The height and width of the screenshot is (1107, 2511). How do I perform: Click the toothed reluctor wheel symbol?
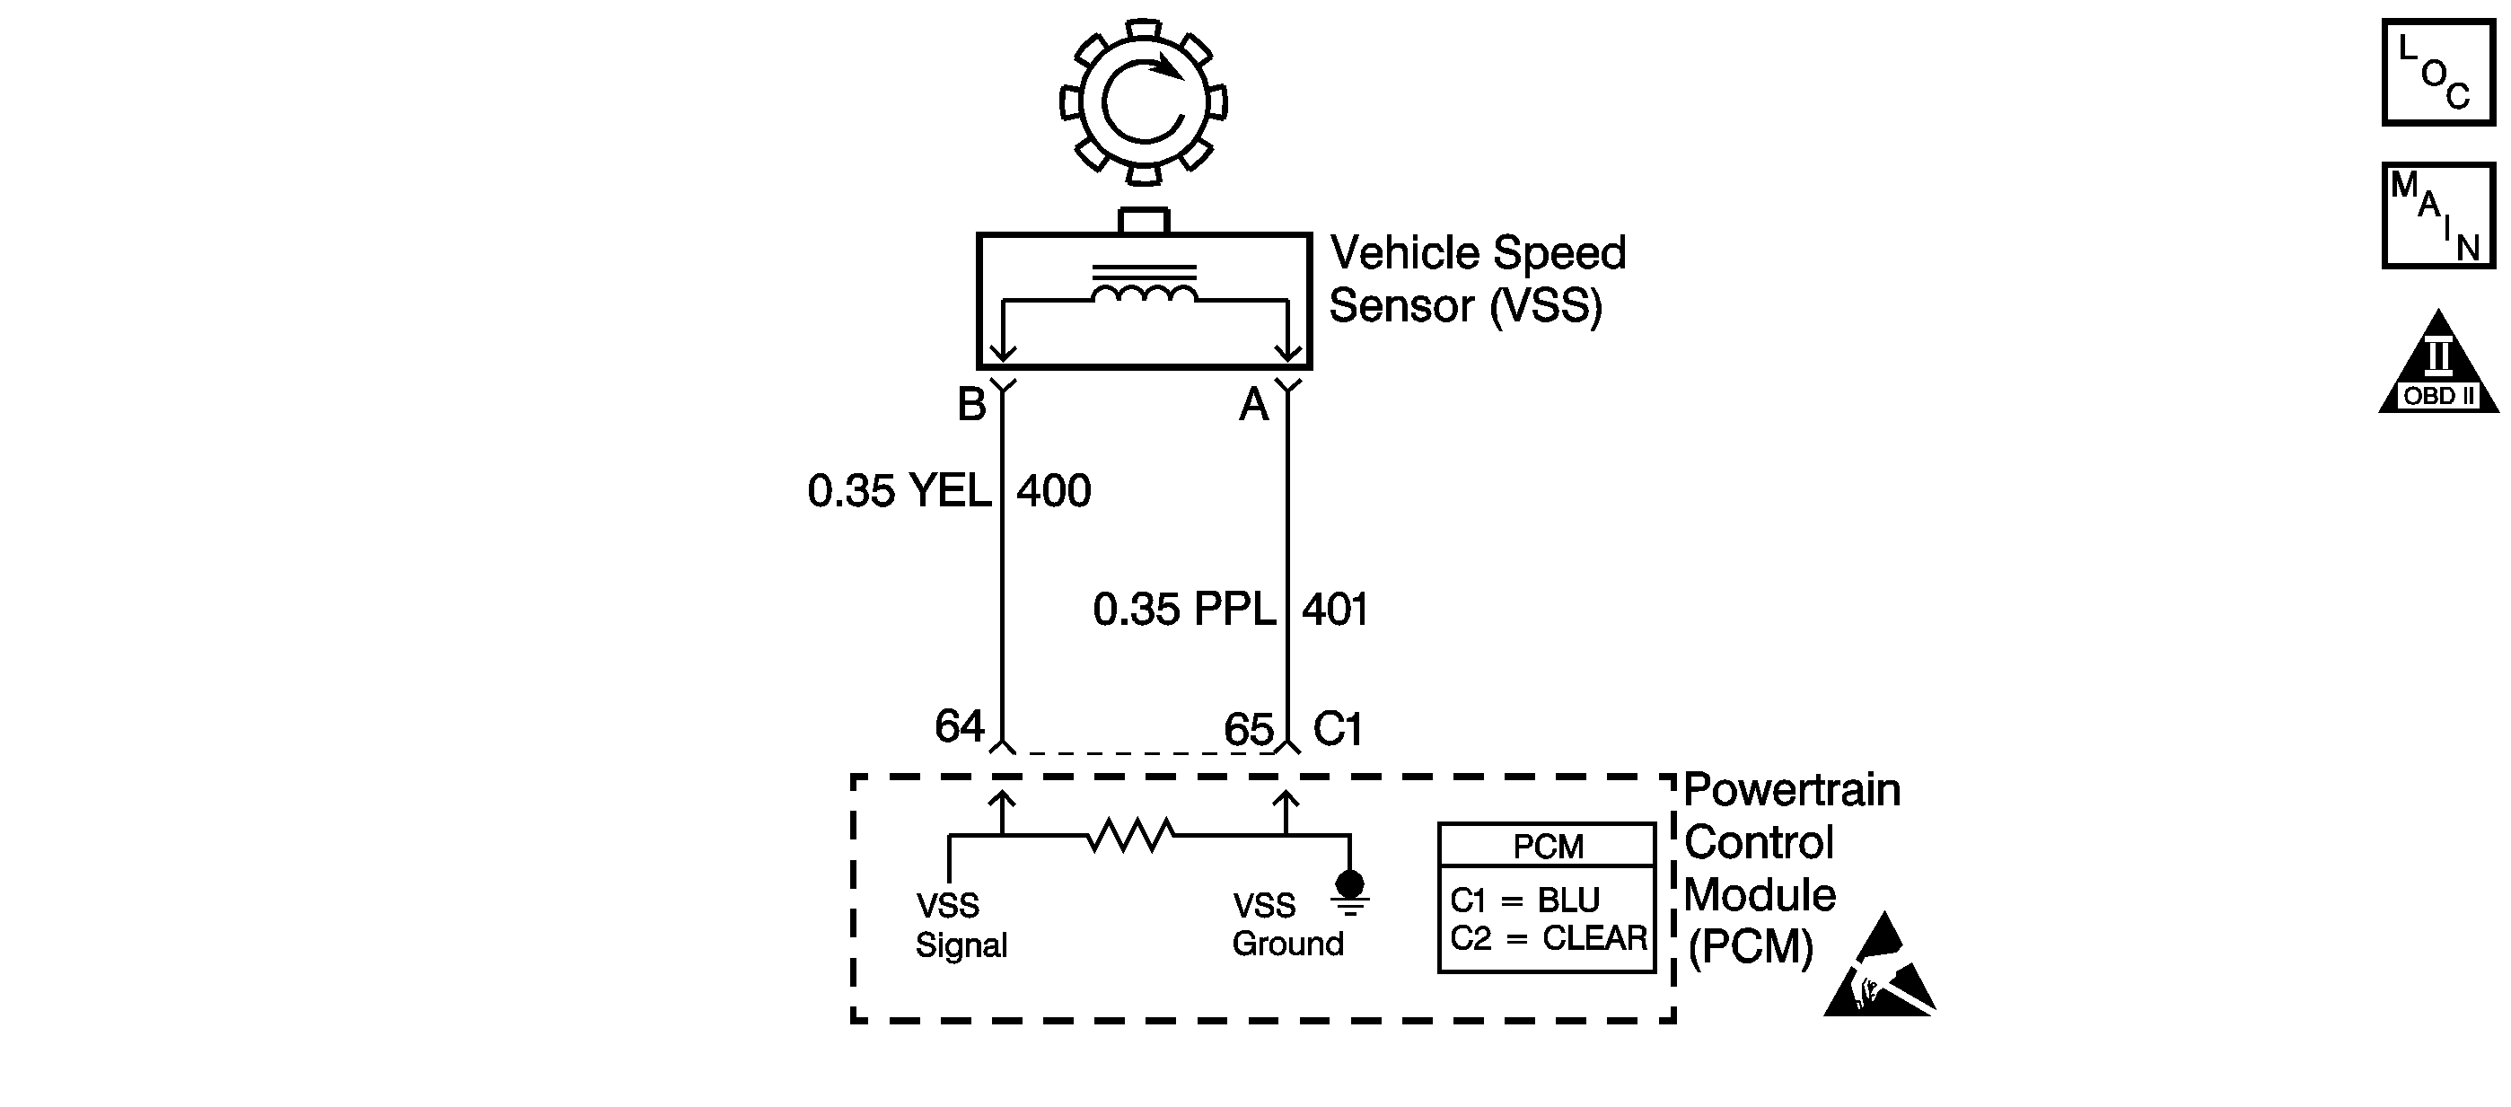(1144, 101)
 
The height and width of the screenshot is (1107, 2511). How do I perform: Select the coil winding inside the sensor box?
(1144, 294)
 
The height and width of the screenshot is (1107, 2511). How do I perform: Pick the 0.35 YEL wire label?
(899, 491)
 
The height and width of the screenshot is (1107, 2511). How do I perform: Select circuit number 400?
(1054, 491)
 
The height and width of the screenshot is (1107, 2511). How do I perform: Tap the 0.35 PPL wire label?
(1184, 610)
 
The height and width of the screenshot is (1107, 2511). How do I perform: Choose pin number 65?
(1249, 729)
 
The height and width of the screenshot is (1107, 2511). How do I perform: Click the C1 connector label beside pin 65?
(1338, 729)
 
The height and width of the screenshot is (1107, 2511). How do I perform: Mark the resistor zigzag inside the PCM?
(1131, 835)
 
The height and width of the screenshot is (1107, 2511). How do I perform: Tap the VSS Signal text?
(961, 926)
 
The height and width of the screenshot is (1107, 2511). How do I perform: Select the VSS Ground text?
(1286, 925)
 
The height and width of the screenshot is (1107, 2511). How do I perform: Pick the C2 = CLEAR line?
(1548, 938)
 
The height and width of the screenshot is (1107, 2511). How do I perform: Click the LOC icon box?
(2438, 73)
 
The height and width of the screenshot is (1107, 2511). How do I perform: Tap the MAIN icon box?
(2438, 215)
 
